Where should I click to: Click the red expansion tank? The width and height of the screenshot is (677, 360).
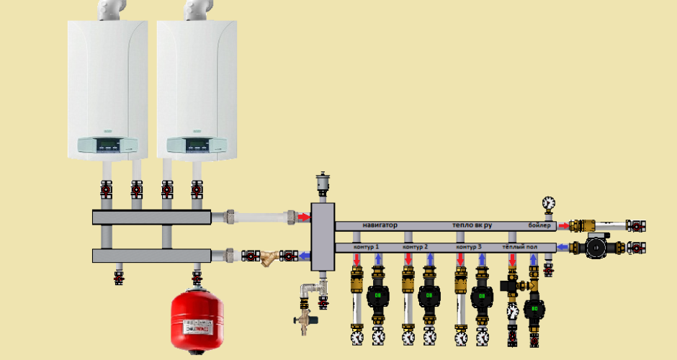(x=197, y=320)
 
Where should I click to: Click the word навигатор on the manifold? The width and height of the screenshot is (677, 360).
(x=380, y=225)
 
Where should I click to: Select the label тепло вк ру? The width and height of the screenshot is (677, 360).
(x=472, y=225)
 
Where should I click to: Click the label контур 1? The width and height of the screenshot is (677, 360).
(x=367, y=247)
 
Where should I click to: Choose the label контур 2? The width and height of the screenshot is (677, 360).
(x=416, y=247)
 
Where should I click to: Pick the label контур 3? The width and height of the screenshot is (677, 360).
(x=468, y=247)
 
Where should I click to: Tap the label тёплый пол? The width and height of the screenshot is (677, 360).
(x=520, y=247)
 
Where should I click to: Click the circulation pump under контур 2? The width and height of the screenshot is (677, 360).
(x=429, y=295)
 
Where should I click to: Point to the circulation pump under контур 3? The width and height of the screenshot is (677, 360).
(x=480, y=295)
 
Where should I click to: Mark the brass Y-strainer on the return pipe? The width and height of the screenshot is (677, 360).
(x=269, y=256)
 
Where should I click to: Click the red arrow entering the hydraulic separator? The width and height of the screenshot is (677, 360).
(x=305, y=216)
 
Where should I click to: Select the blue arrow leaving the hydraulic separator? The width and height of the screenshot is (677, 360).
(x=305, y=255)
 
